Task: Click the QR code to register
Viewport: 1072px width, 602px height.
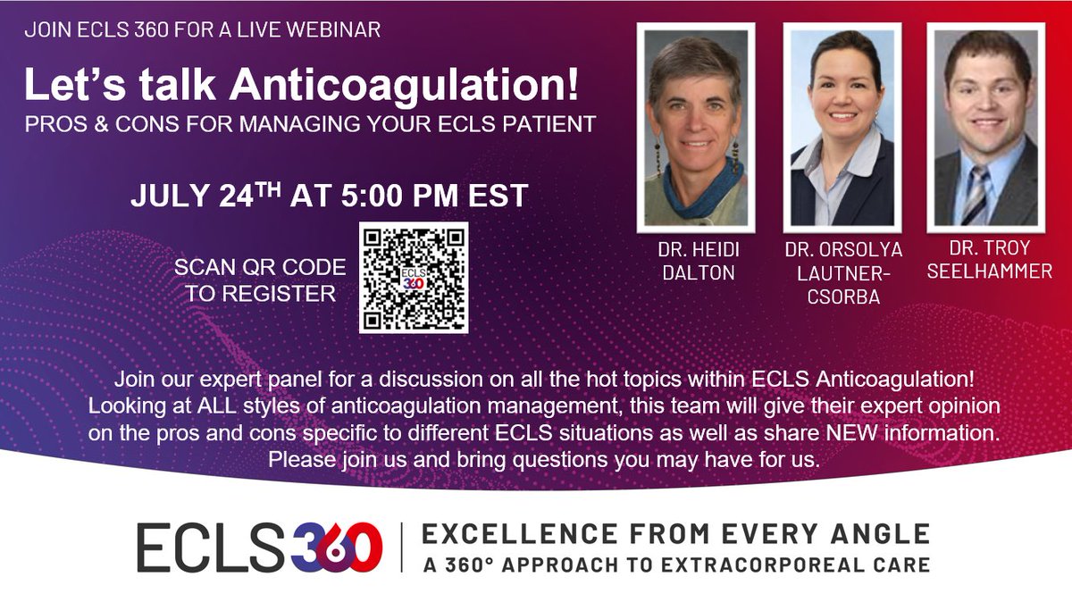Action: pos(414,278)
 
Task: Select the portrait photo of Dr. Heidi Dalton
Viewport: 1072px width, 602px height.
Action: pos(695,126)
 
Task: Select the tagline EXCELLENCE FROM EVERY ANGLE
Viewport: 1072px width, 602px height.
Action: pos(675,535)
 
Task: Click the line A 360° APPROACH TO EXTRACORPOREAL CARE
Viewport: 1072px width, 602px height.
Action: pos(675,564)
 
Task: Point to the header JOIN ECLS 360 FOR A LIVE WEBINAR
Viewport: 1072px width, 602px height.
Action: pos(203,30)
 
